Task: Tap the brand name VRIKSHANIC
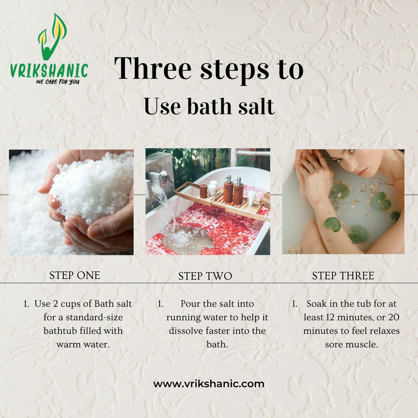pos(49,71)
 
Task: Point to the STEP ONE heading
pos(75,276)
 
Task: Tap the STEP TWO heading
pos(205,276)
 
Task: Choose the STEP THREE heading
pos(343,276)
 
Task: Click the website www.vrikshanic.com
pos(209,384)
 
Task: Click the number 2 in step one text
pos(55,304)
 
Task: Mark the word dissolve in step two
pos(185,331)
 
